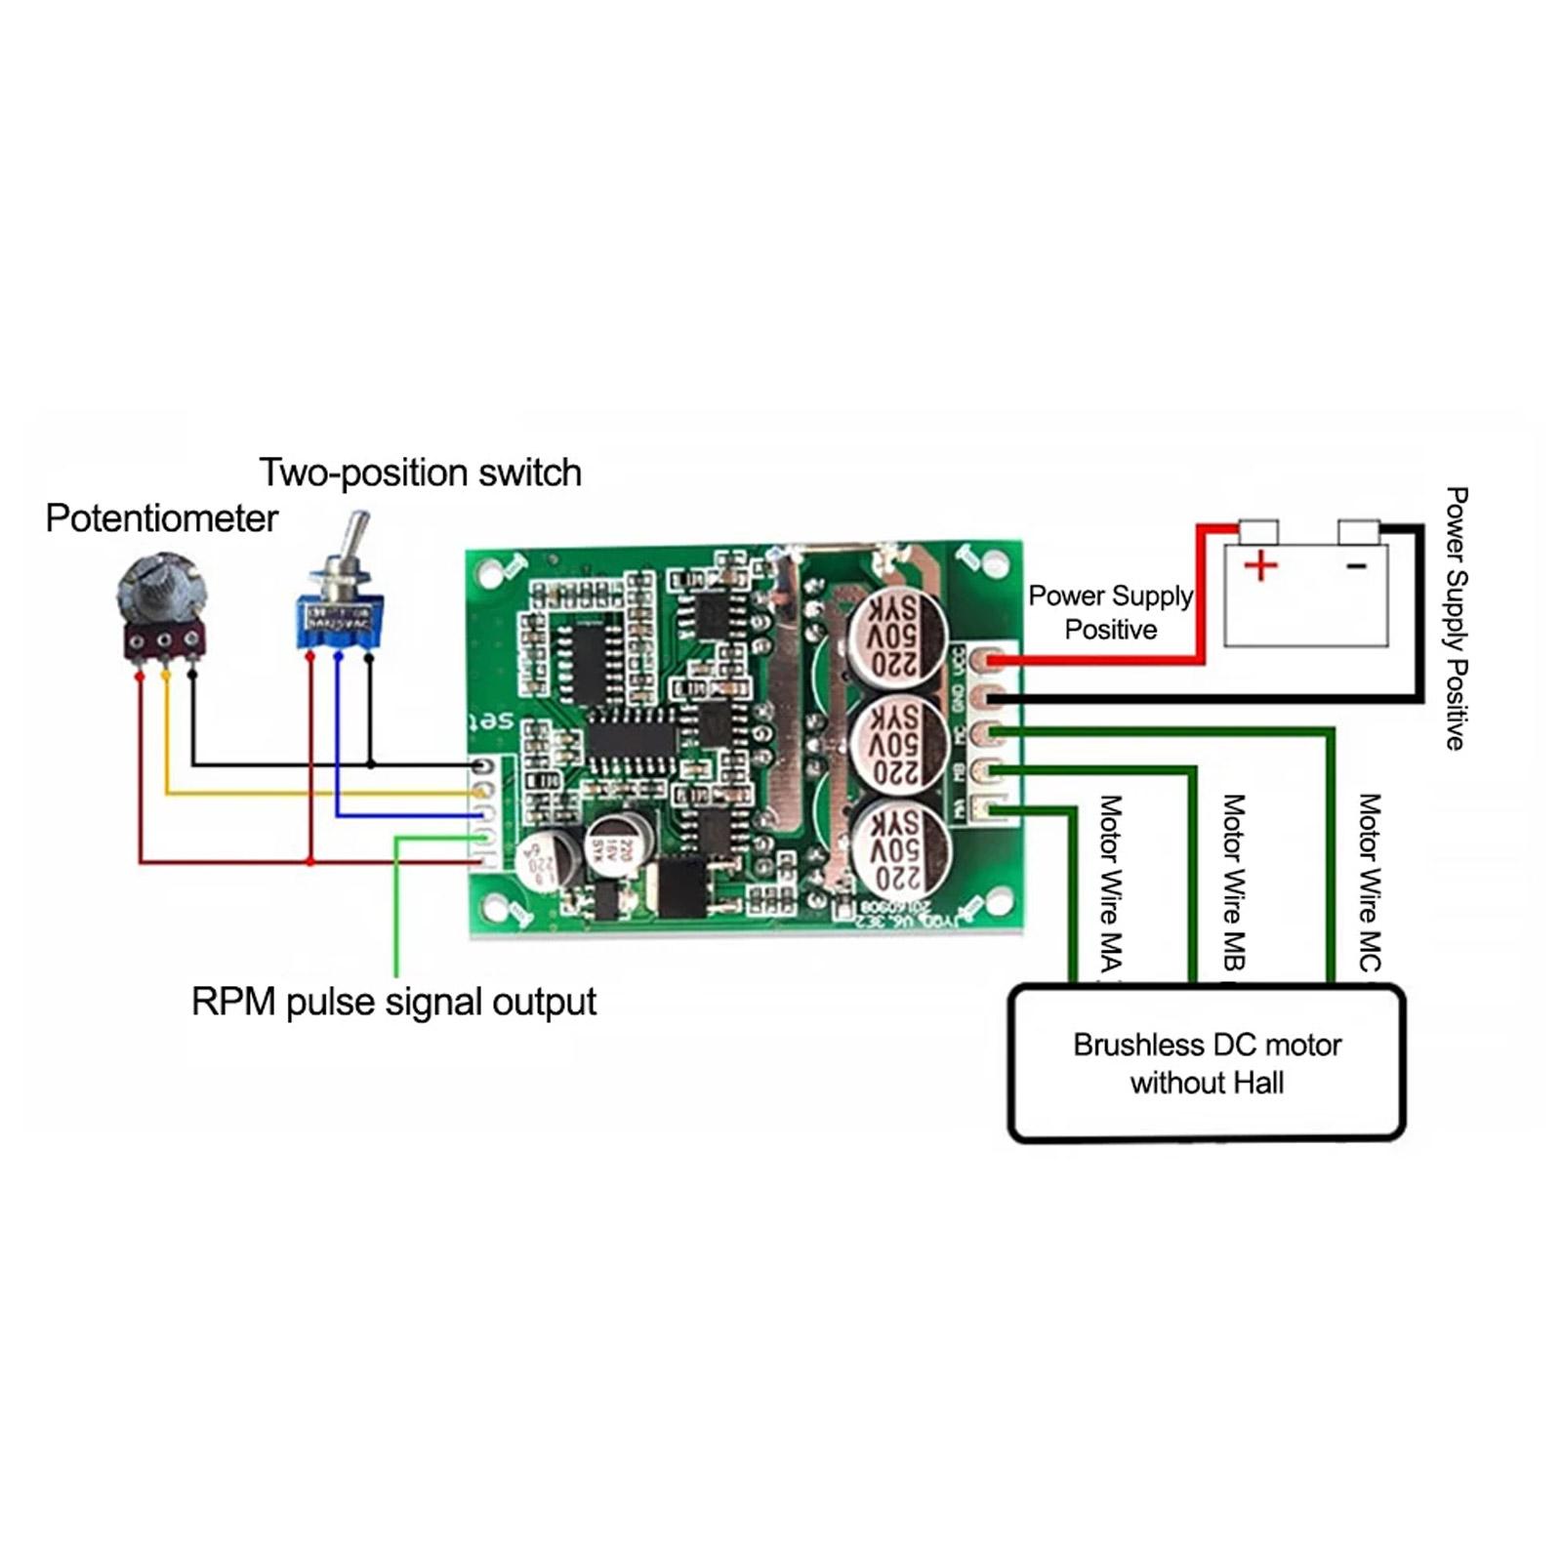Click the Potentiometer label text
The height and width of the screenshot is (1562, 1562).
(161, 518)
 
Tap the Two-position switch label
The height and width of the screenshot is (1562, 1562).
(420, 473)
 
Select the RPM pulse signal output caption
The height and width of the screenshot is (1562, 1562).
(393, 1002)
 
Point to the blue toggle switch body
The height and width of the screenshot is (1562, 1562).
(340, 621)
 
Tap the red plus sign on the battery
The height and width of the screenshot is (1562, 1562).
(1260, 565)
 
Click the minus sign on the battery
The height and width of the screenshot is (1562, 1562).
(1357, 565)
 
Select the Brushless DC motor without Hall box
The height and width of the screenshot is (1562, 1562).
(1207, 1063)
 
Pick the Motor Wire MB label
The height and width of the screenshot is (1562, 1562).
(1234, 884)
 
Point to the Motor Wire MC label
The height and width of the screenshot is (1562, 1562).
(1370, 884)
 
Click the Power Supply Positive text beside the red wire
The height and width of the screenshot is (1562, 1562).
(1111, 612)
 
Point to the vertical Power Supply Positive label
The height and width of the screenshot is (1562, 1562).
(1456, 619)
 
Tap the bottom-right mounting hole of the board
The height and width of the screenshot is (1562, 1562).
(998, 901)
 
